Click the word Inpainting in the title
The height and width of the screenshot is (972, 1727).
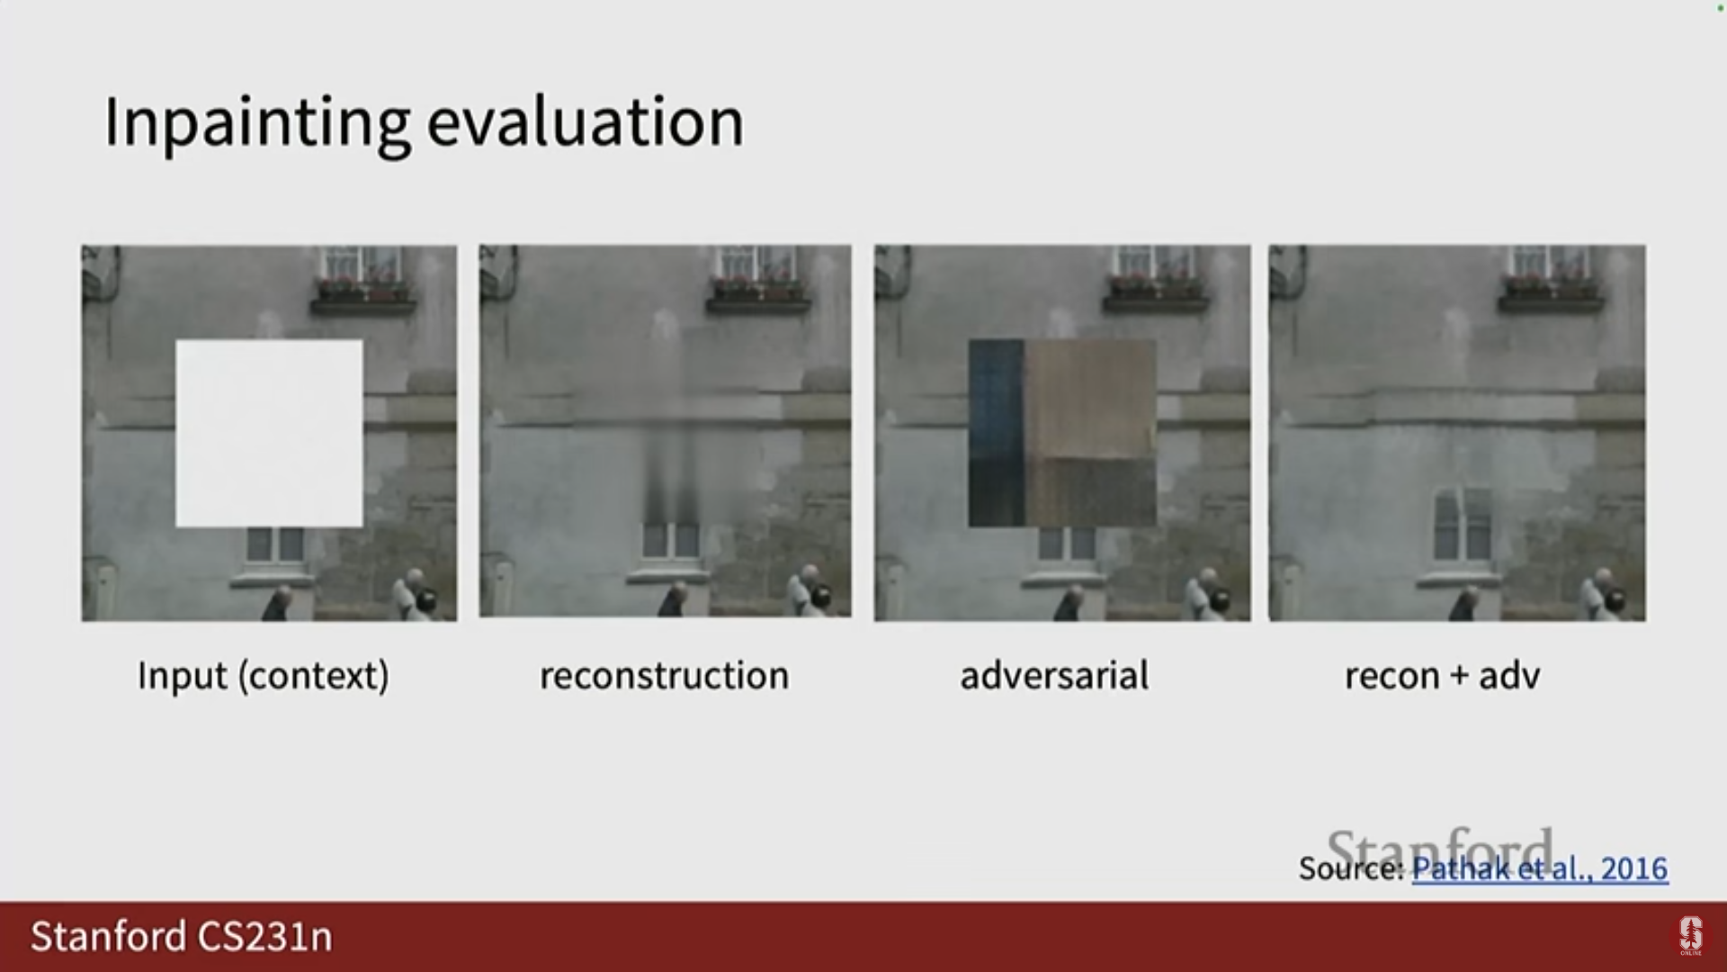point(257,123)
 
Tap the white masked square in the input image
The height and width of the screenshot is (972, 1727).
point(269,433)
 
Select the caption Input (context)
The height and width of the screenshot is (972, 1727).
point(264,676)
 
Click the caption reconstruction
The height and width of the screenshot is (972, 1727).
point(665,676)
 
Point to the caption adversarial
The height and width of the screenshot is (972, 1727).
point(1054,675)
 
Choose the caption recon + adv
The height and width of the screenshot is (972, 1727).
point(1443,676)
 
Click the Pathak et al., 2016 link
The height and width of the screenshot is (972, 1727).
point(1540,868)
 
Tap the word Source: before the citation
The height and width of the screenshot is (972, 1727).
point(1351,868)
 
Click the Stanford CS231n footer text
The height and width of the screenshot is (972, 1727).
point(182,937)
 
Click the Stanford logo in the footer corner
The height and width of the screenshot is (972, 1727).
point(1691,936)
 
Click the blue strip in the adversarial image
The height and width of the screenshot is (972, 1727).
point(996,433)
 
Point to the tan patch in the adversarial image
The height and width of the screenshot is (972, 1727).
point(1090,399)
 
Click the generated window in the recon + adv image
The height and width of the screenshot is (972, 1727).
point(1462,525)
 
